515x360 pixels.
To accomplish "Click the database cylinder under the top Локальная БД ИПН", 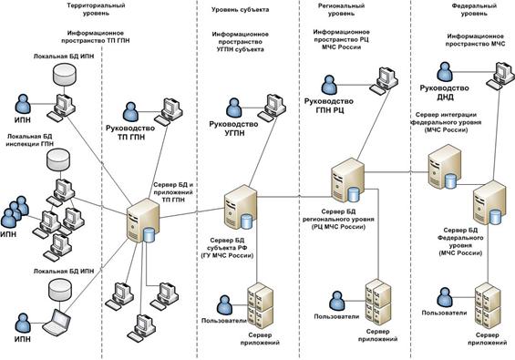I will (x=67, y=71).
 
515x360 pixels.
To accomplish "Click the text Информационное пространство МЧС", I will (x=476, y=40).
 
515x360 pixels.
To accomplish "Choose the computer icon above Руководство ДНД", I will (x=498, y=69).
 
